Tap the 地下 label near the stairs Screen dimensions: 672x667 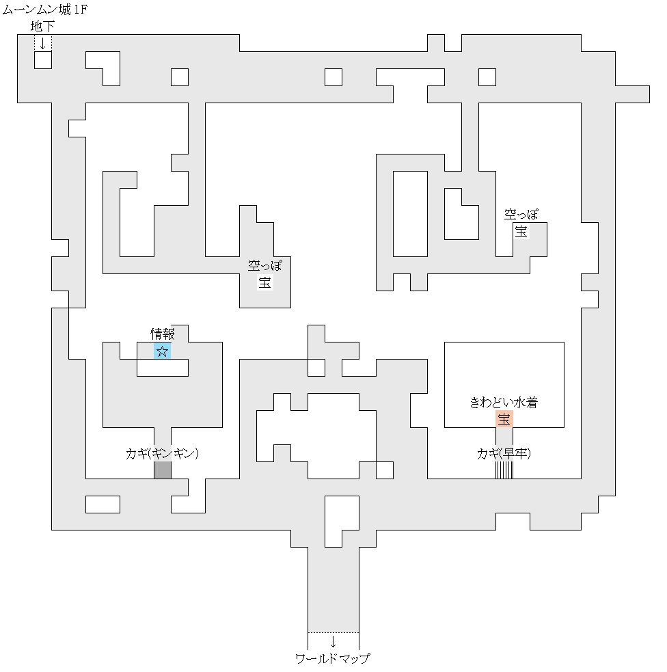click(43, 27)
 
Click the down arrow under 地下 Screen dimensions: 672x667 click(43, 43)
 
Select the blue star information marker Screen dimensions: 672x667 click(163, 351)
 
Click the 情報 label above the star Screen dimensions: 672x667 click(163, 334)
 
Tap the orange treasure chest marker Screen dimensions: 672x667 click(504, 419)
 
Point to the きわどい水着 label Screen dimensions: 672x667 click(504, 403)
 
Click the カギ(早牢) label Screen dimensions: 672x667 click(504, 453)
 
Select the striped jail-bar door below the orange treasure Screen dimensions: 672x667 click(504, 470)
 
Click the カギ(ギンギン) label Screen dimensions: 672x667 click(162, 453)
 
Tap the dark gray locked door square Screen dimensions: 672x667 click(163, 470)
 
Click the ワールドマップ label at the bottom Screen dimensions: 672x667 click(333, 659)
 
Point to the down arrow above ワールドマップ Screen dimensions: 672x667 click(333, 642)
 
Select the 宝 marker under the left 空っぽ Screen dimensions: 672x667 click(265, 282)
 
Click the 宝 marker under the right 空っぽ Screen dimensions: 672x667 click(521, 231)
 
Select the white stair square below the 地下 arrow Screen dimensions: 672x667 click(43, 60)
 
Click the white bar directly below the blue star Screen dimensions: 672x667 click(163, 368)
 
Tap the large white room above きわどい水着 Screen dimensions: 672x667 click(504, 369)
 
